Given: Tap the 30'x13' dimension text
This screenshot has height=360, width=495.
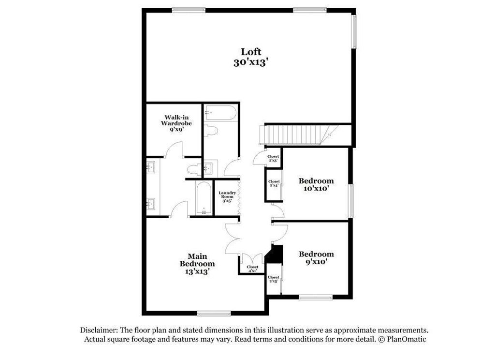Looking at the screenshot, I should coord(250,62).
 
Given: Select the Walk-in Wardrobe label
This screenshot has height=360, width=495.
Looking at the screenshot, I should coord(173,123).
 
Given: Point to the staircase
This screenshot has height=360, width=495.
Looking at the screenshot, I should coord(295,134).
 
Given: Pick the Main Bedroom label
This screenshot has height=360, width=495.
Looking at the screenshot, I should coord(197,263).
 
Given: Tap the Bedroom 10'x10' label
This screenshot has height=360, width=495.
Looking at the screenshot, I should coord(316,184).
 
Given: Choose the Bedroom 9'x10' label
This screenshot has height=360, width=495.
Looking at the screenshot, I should coord(316,258).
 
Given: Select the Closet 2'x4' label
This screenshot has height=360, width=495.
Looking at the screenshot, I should coord(274,183).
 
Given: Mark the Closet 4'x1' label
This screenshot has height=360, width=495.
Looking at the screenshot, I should coord(252,269).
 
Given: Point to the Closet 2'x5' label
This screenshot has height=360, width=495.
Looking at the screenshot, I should coord(274,279).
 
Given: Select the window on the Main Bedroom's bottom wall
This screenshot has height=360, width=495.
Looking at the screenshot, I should coord(212,313).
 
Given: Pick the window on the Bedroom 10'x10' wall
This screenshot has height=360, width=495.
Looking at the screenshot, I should coord(351,200).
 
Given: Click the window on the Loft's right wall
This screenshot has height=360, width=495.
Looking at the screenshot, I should coord(354,31).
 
